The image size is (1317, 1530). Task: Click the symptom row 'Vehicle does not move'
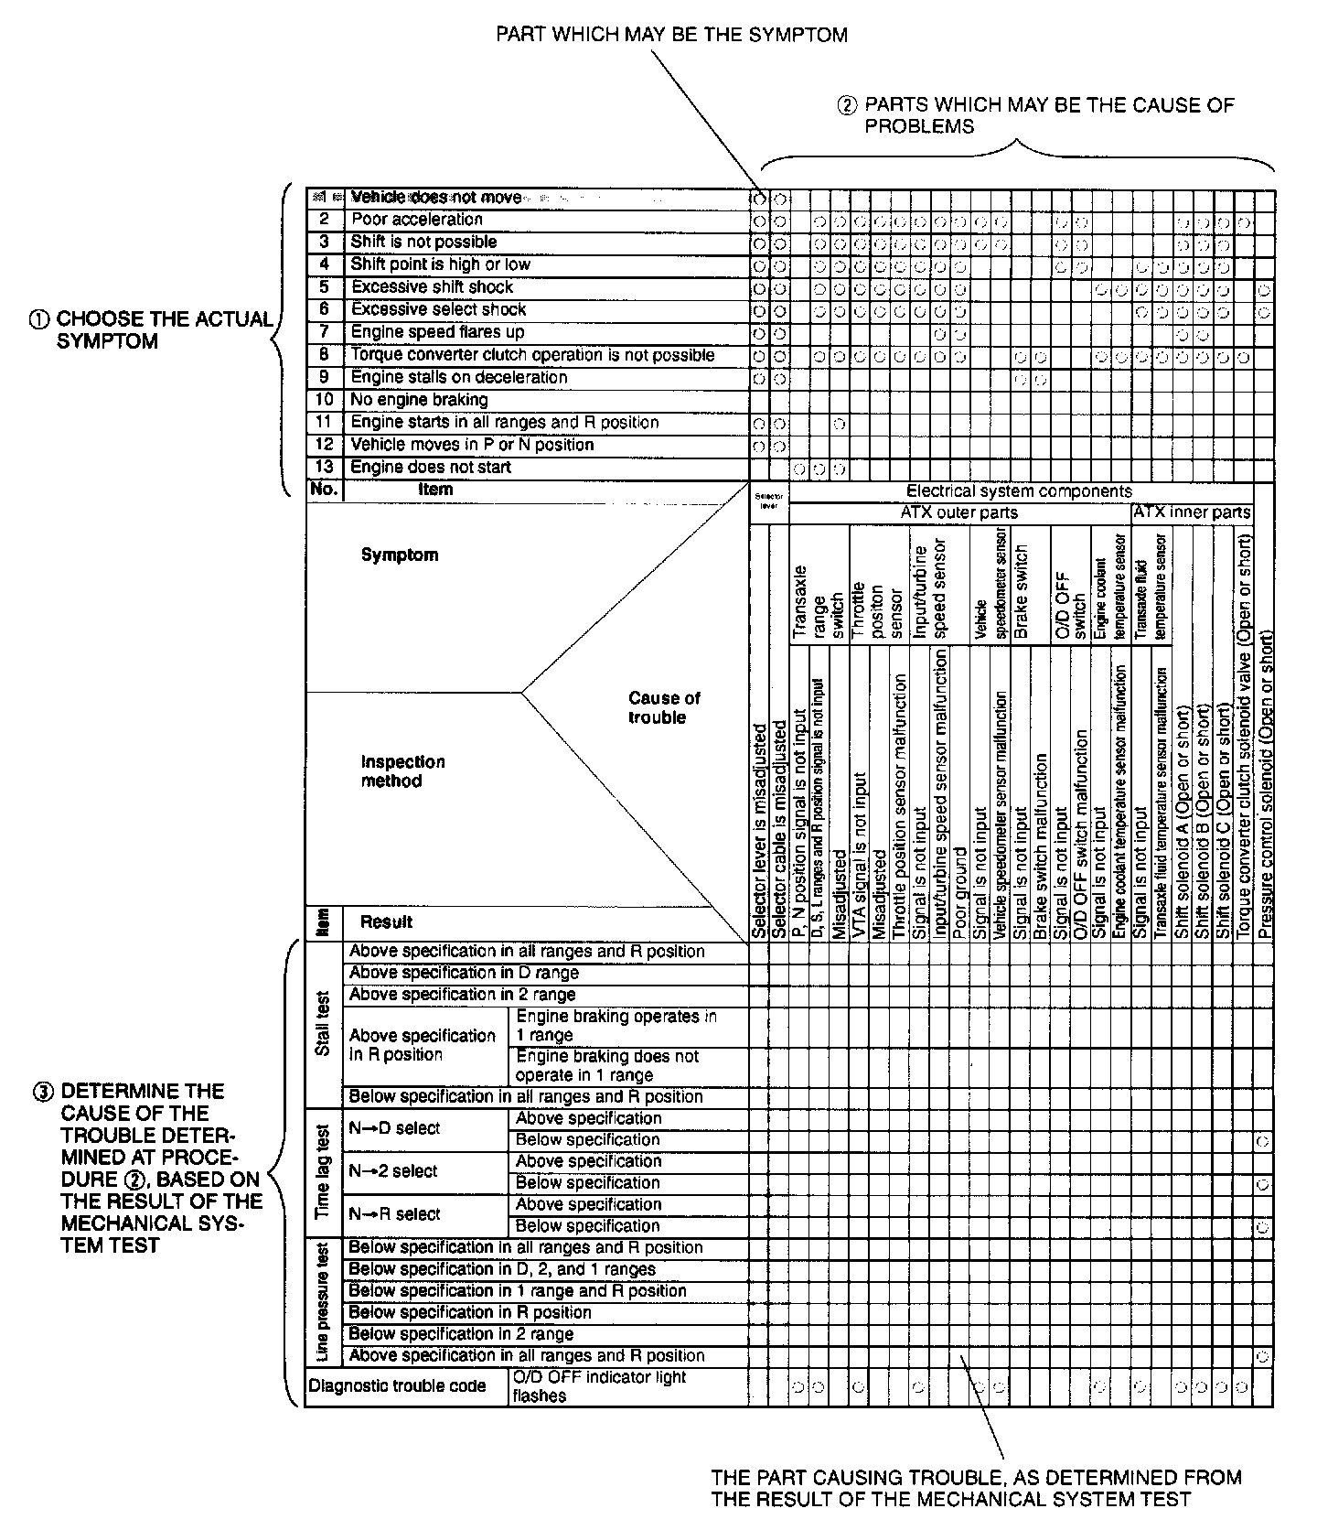click(436, 198)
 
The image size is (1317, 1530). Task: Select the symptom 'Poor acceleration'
click(417, 220)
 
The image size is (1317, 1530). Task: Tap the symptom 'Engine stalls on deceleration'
click(459, 378)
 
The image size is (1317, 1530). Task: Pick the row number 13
click(324, 468)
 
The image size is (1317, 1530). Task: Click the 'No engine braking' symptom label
click(420, 400)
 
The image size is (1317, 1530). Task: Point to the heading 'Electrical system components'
click(1019, 491)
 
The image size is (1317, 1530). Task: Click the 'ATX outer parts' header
click(958, 513)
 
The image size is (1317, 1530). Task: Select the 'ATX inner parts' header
click(1191, 512)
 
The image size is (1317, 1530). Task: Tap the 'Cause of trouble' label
click(664, 707)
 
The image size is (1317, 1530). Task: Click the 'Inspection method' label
click(402, 771)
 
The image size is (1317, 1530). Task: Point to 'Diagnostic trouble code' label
click(397, 1386)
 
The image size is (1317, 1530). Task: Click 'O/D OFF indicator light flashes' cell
click(599, 1386)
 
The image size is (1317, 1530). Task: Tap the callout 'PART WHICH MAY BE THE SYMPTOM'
click(671, 36)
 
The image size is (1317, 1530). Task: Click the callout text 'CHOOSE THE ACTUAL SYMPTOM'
click(165, 330)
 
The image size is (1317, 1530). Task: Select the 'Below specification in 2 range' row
click(461, 1334)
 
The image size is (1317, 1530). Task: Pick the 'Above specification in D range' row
click(464, 973)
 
